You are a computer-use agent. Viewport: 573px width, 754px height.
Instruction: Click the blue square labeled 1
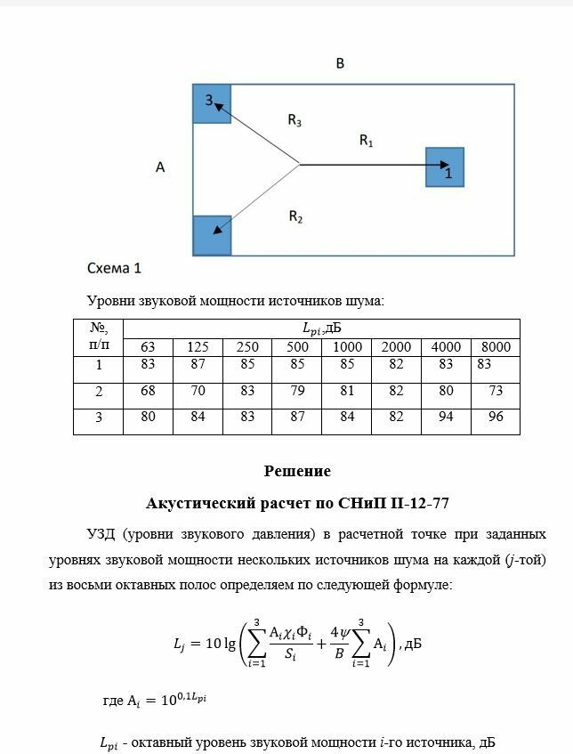pyautogui.click(x=445, y=167)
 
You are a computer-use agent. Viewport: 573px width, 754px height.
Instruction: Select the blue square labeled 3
pyautogui.click(x=212, y=104)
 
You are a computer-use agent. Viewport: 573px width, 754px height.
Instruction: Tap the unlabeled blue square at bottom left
pyautogui.click(x=212, y=236)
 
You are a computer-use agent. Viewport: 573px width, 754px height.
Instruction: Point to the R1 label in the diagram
pyautogui.click(x=366, y=140)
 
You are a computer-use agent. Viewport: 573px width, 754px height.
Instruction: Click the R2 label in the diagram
pyautogui.click(x=296, y=215)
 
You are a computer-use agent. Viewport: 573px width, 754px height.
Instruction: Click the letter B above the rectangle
pyautogui.click(x=340, y=64)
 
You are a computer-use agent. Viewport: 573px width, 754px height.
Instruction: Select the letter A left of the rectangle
pyautogui.click(x=160, y=166)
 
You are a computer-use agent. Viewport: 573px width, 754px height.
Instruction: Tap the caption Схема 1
pyautogui.click(x=114, y=267)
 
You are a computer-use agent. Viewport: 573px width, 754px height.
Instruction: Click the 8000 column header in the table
pyautogui.click(x=496, y=346)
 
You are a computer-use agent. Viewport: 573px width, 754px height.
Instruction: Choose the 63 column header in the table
pyautogui.click(x=147, y=346)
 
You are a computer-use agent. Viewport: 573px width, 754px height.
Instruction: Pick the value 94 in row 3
pyautogui.click(x=446, y=416)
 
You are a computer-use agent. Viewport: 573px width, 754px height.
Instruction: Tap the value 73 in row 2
pyautogui.click(x=496, y=390)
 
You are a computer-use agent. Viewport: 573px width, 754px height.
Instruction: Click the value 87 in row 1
pyautogui.click(x=198, y=364)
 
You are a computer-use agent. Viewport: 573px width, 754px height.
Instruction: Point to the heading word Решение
pyautogui.click(x=297, y=471)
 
